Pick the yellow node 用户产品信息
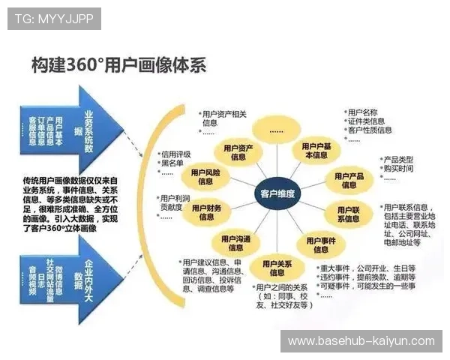(349, 180)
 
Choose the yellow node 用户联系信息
(348, 214)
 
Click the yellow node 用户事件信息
(321, 244)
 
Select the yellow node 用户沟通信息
(235, 243)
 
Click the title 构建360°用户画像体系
(118, 65)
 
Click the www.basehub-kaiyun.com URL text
(361, 341)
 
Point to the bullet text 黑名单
(174, 164)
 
